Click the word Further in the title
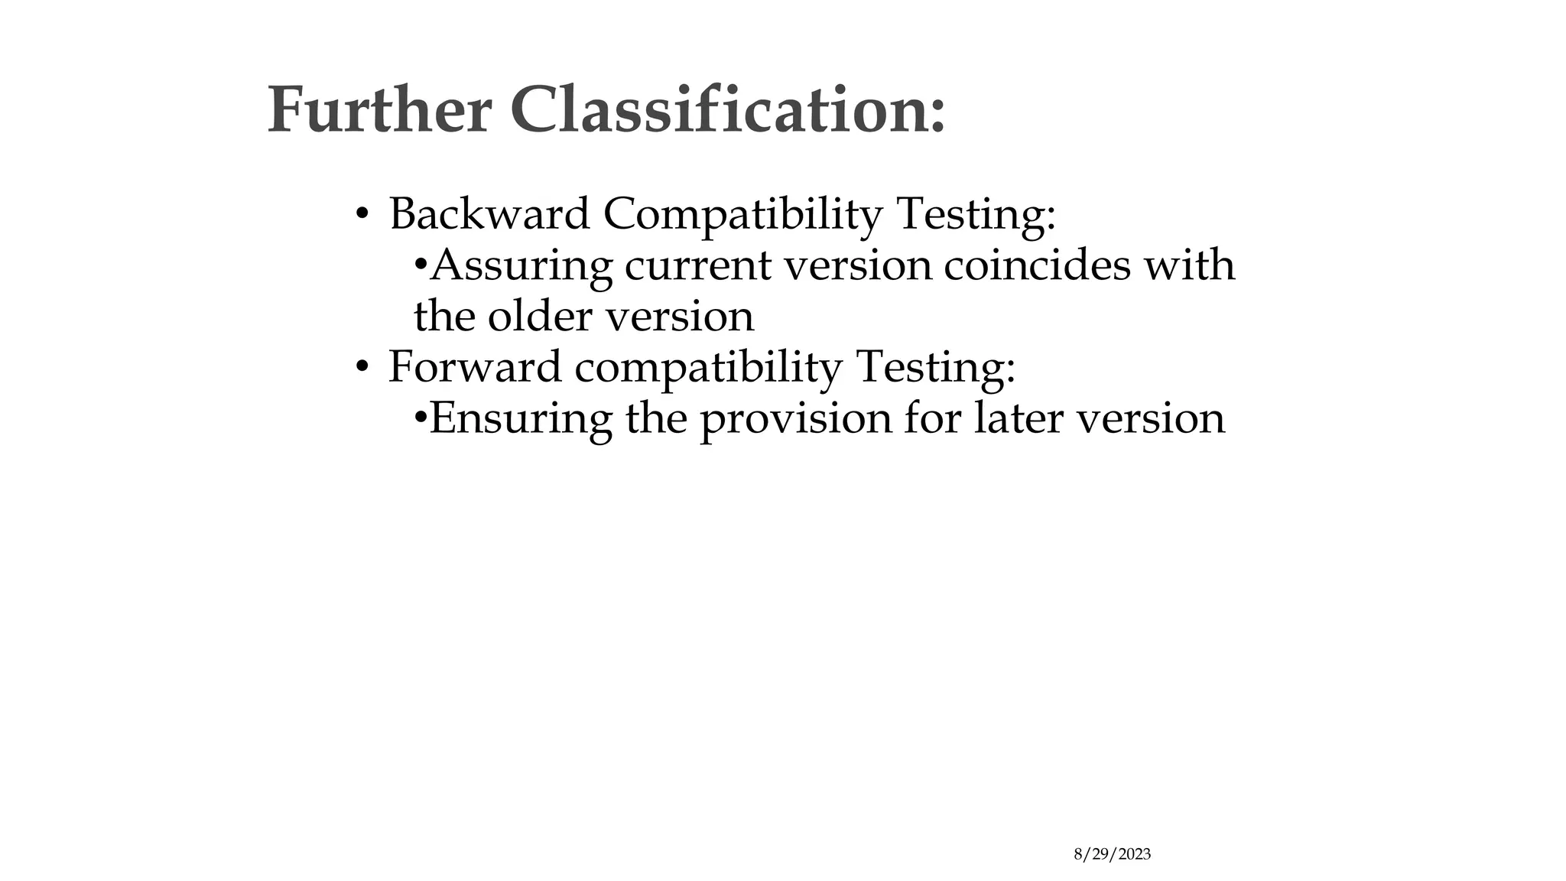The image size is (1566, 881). (379, 111)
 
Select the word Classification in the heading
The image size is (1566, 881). (727, 111)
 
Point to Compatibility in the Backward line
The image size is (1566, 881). (742, 215)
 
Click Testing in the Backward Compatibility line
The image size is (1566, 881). (976, 215)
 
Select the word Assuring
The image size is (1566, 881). (521, 267)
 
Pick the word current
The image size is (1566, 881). (698, 267)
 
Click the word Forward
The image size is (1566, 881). (475, 366)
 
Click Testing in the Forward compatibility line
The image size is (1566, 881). (935, 368)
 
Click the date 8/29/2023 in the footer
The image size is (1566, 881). (1112, 855)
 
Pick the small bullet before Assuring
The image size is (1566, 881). (420, 267)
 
